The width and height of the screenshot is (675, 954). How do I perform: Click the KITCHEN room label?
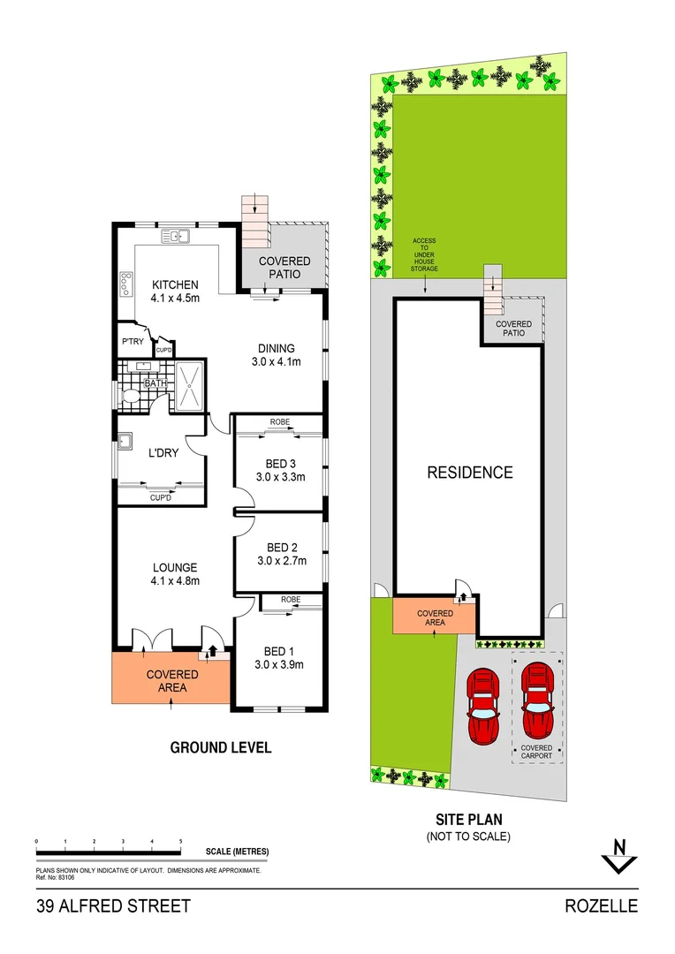point(175,284)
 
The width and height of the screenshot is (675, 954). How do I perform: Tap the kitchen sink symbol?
point(176,236)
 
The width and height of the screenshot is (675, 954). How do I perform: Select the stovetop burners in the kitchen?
point(124,284)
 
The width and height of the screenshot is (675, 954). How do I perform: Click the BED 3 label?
point(280,464)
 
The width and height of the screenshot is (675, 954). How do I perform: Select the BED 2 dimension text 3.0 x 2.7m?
point(281,560)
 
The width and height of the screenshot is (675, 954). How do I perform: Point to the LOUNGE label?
point(175,567)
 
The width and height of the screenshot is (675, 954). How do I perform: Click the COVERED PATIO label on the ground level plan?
point(284,268)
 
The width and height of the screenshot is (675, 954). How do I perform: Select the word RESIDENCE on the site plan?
point(470,473)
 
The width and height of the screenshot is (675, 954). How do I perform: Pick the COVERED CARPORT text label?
point(536,752)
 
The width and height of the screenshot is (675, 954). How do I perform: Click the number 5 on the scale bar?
point(181,841)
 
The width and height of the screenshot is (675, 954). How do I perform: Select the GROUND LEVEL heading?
point(220,747)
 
